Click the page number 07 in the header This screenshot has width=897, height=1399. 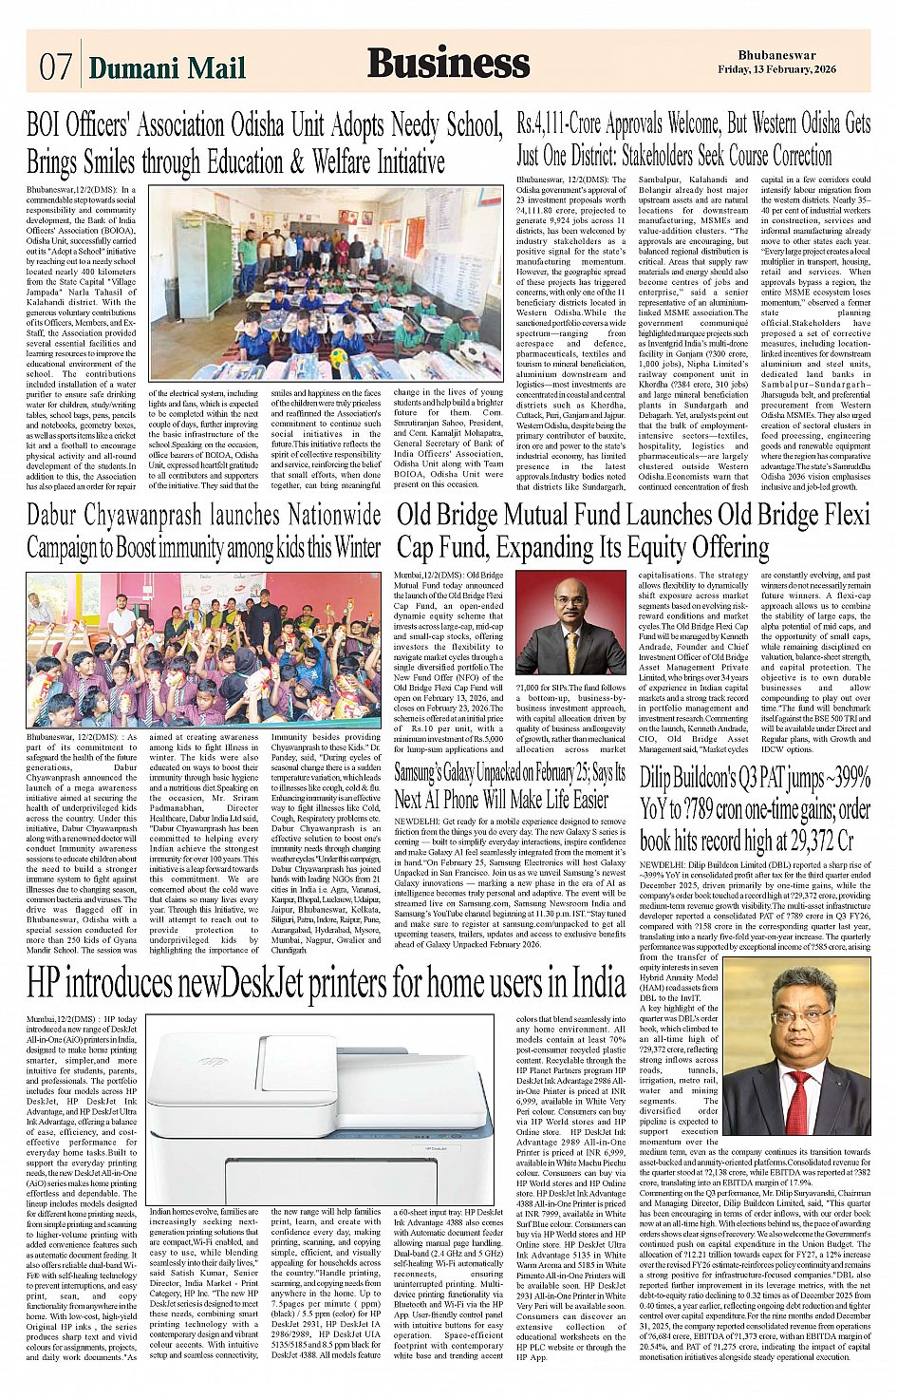tap(55, 66)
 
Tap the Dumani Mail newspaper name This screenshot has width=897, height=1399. tap(167, 67)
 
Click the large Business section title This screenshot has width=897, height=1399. tap(448, 63)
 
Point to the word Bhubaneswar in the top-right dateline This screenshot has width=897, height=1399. tap(776, 55)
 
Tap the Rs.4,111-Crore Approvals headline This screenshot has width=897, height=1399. tap(693, 139)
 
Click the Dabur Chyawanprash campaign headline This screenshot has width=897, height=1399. tap(203, 532)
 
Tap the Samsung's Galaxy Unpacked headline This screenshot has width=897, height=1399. tap(510, 785)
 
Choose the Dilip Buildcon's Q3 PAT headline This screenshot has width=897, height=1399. tap(755, 808)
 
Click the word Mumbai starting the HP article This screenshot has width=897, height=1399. tap(44, 1020)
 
